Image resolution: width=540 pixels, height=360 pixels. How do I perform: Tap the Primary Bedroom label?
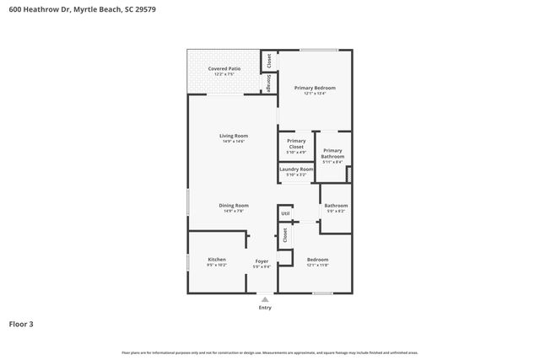pos(315,88)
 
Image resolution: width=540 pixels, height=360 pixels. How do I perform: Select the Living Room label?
pos(233,136)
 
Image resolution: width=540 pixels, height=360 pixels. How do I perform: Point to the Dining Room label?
pos(233,205)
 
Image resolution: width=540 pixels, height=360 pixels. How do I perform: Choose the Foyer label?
pos(262,261)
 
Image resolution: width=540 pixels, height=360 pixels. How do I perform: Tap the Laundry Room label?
pos(296,169)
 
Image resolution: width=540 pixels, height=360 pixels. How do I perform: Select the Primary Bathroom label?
pos(332,153)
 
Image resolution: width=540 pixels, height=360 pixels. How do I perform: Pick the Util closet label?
pos(285,214)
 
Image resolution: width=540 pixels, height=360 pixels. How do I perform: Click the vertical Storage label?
pos(269,83)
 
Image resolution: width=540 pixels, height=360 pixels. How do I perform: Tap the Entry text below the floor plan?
pos(265,308)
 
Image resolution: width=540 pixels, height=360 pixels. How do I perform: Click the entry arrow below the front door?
pos(265,298)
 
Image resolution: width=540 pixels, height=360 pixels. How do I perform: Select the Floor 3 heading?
pos(21,324)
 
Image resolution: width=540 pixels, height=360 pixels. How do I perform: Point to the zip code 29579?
pos(144,9)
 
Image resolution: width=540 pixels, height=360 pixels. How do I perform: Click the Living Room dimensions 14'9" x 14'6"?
pos(233,141)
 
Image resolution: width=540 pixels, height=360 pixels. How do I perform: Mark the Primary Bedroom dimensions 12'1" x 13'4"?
pos(315,93)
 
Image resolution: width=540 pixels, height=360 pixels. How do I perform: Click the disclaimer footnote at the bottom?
pos(269,352)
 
